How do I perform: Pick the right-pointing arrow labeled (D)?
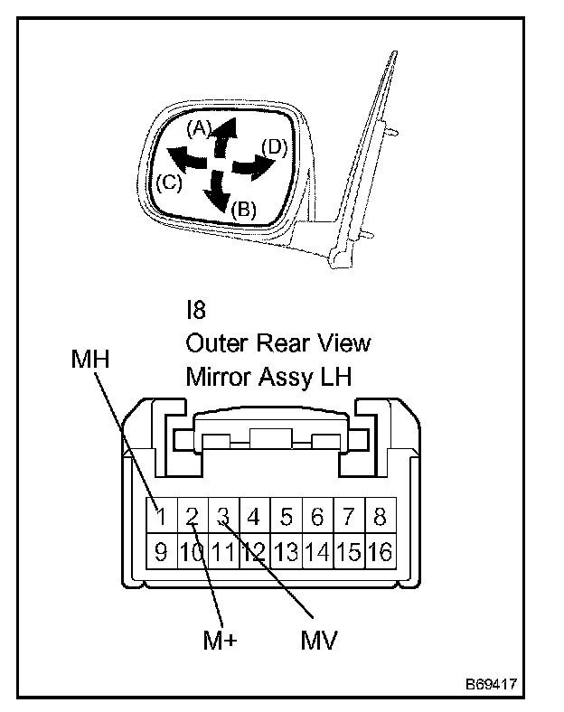[x=254, y=166]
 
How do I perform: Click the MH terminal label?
[x=89, y=361]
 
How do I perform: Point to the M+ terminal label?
[x=220, y=641]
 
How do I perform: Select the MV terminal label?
[x=319, y=641]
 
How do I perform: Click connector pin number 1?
[x=161, y=518]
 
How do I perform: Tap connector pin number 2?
[x=193, y=518]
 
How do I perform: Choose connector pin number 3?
[x=223, y=518]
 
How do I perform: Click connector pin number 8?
[x=380, y=518]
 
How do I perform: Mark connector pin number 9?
[x=161, y=551]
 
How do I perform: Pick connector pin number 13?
[x=287, y=551]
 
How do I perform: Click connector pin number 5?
[x=287, y=518]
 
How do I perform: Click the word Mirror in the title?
[x=218, y=376]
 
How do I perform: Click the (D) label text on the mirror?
[x=274, y=146]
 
